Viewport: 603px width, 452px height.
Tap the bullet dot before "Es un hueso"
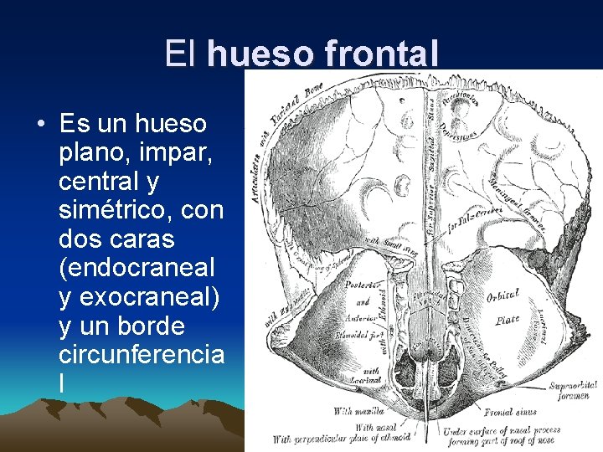coord(40,125)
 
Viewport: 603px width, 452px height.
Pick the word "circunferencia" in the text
coord(142,354)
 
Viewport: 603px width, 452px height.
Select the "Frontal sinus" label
coord(510,412)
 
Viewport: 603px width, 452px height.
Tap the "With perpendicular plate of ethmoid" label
coord(340,439)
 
